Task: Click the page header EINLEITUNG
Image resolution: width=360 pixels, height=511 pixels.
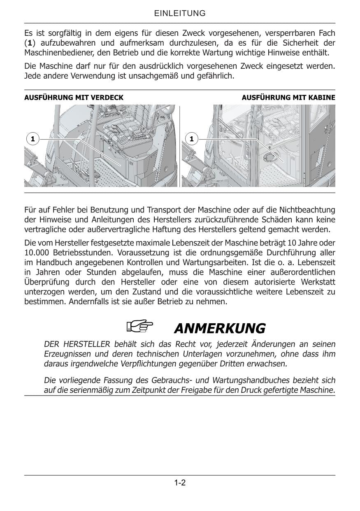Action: click(180, 14)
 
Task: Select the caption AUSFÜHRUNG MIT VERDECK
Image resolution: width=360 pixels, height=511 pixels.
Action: click(74, 98)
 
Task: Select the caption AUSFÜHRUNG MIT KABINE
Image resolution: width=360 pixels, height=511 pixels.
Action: click(288, 98)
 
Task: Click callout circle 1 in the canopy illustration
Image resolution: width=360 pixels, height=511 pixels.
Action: click(32, 139)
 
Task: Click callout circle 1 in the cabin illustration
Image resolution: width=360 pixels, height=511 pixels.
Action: click(191, 139)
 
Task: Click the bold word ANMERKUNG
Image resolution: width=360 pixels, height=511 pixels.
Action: click(220, 329)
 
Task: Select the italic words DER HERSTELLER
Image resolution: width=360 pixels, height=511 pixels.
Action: click(77, 344)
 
